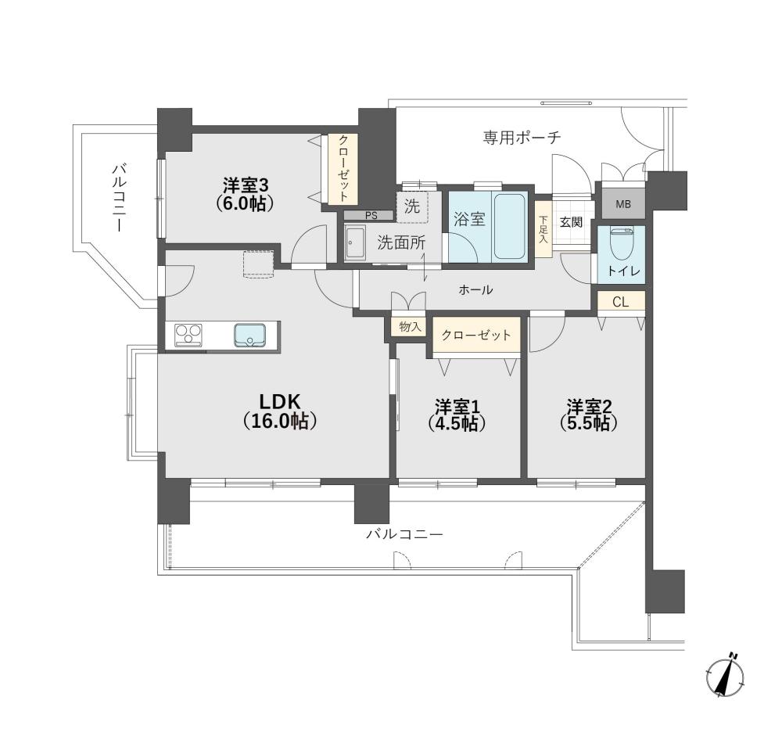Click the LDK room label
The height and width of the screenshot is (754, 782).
point(279,411)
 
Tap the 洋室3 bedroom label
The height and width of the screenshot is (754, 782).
point(246,194)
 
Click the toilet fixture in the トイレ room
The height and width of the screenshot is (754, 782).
point(622,244)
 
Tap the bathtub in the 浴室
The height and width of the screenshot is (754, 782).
point(510,225)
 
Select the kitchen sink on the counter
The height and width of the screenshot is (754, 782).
point(250,335)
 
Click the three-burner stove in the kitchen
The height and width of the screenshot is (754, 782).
point(188,334)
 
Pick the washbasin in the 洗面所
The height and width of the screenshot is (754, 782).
point(354,242)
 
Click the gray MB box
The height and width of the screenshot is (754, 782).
point(623,204)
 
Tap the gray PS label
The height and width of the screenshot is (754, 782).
point(371,215)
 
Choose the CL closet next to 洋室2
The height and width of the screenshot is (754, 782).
point(621,302)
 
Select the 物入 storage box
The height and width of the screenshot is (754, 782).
point(410,327)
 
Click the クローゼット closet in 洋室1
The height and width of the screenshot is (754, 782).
point(475,335)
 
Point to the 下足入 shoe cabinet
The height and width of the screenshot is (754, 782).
point(543,229)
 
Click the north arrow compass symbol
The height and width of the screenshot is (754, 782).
point(726,676)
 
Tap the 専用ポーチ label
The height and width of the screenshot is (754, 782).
point(522,137)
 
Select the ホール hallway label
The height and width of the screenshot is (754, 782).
point(475,289)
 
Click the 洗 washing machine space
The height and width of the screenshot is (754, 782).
point(412,206)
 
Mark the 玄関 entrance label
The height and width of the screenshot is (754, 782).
point(571,221)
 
